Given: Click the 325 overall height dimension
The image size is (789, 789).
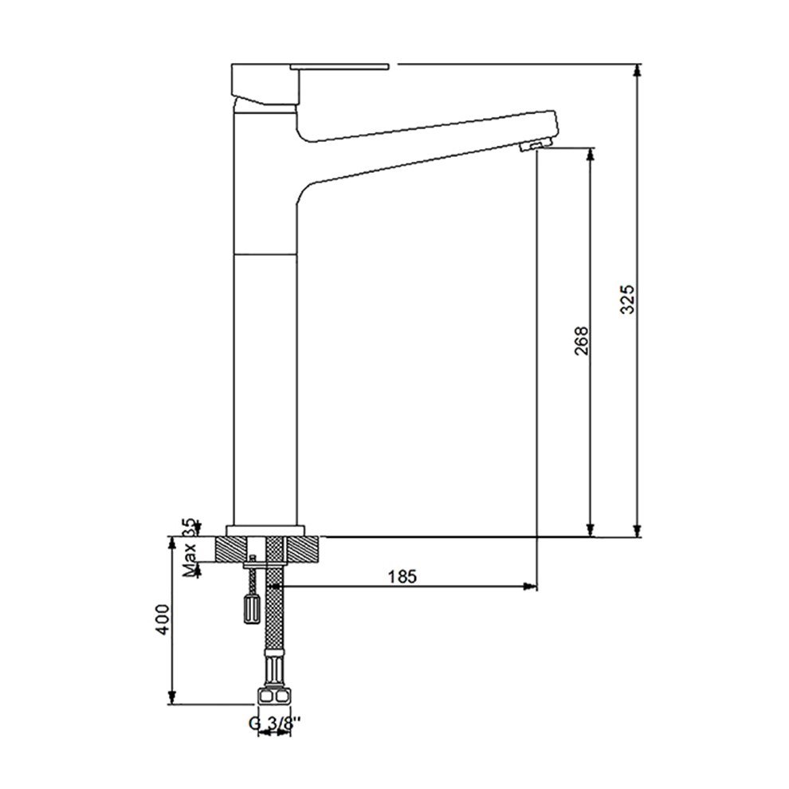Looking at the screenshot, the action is coord(627,300).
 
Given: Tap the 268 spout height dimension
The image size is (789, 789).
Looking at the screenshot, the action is coord(581,340).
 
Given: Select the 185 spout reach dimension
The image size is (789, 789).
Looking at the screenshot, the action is coord(402,576).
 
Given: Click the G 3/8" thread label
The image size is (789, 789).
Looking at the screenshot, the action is coord(275,724).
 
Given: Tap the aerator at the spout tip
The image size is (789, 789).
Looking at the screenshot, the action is coord(536,145).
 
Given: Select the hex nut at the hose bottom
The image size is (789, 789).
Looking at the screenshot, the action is coord(274,697).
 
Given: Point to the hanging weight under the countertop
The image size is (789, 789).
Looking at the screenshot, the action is coord(252,608).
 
